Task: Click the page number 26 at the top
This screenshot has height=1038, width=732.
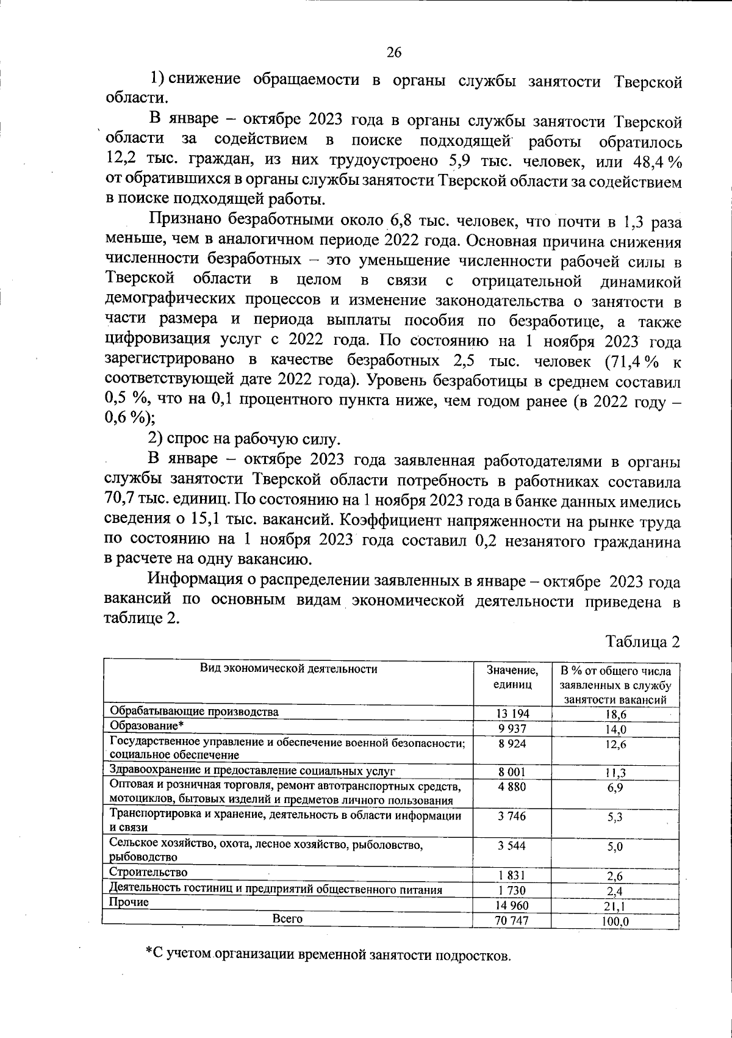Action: click(394, 52)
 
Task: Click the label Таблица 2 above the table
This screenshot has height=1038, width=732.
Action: click(642, 642)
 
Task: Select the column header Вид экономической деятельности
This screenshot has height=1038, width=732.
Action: click(289, 669)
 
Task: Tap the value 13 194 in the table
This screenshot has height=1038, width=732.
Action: click(513, 713)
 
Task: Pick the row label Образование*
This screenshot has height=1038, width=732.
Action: click(146, 725)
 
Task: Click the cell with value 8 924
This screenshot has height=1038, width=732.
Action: click(512, 743)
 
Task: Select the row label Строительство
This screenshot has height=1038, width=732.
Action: click(148, 873)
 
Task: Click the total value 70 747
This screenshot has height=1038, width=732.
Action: click(512, 920)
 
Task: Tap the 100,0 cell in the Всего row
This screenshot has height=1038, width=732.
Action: click(614, 921)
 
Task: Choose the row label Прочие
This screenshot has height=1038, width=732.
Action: click(129, 902)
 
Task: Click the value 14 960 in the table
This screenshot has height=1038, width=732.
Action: click(512, 906)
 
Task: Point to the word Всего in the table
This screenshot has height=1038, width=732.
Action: click(288, 918)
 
